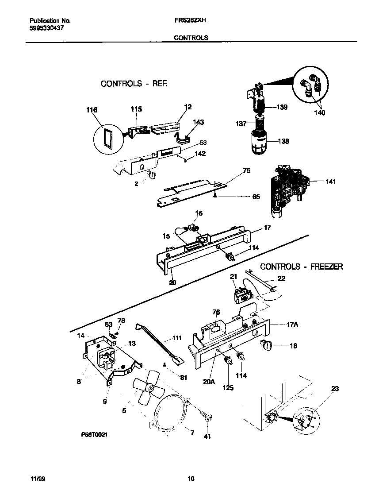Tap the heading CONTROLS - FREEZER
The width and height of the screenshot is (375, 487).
coord(301,267)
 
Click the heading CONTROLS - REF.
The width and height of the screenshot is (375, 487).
coord(134,83)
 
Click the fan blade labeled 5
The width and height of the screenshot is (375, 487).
coord(149,390)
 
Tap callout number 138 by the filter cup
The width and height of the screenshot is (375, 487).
coord(283,141)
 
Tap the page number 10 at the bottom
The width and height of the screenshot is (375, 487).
coord(191,479)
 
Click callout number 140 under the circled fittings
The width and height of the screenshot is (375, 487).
coord(319,113)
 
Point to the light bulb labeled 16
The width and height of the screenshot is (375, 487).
coord(193,228)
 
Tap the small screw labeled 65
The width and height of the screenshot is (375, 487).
coord(214,194)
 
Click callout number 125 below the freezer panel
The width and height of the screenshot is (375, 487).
coord(228,388)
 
